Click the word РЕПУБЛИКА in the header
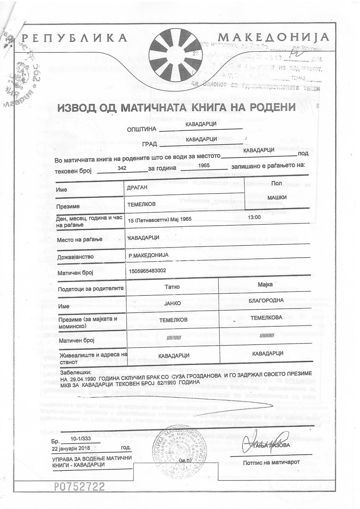(74, 38)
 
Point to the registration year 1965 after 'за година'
(204, 165)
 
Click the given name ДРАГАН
(137, 187)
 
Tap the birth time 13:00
(254, 218)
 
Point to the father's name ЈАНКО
(172, 303)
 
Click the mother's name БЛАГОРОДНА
(266, 300)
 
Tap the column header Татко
(172, 286)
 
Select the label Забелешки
(76, 372)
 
